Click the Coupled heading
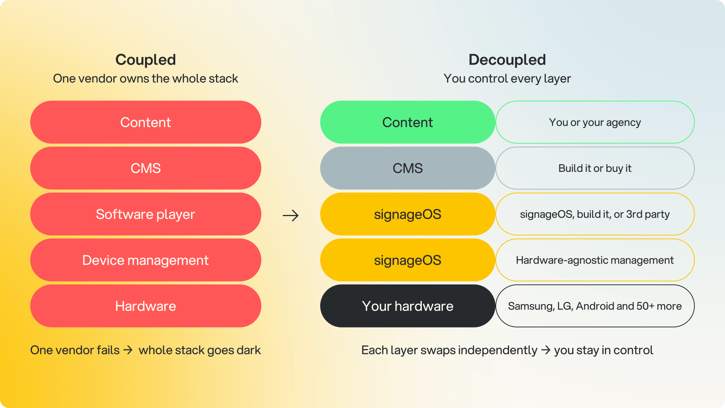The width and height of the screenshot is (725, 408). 145,60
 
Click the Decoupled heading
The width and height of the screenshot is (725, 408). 507,60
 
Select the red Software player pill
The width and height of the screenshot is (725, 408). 146,214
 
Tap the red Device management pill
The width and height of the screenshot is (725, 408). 146,260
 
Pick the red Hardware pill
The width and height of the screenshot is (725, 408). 146,306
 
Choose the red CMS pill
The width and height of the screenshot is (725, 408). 146,168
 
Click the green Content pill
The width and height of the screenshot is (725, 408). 408,122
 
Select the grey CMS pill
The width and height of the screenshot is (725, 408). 408,168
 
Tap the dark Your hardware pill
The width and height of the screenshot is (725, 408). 408,306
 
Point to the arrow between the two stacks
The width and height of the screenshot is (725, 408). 291,216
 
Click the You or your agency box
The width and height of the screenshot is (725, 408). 595,122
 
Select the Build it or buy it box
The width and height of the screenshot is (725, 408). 595,168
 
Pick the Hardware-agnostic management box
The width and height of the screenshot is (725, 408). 595,260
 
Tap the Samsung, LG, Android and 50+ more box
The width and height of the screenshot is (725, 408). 595,306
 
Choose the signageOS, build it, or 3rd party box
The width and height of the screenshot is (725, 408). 595,214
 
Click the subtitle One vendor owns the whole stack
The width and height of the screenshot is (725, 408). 145,79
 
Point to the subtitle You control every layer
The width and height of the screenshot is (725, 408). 507,79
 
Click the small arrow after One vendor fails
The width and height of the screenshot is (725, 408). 128,350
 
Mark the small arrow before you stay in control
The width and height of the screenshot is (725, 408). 546,350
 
